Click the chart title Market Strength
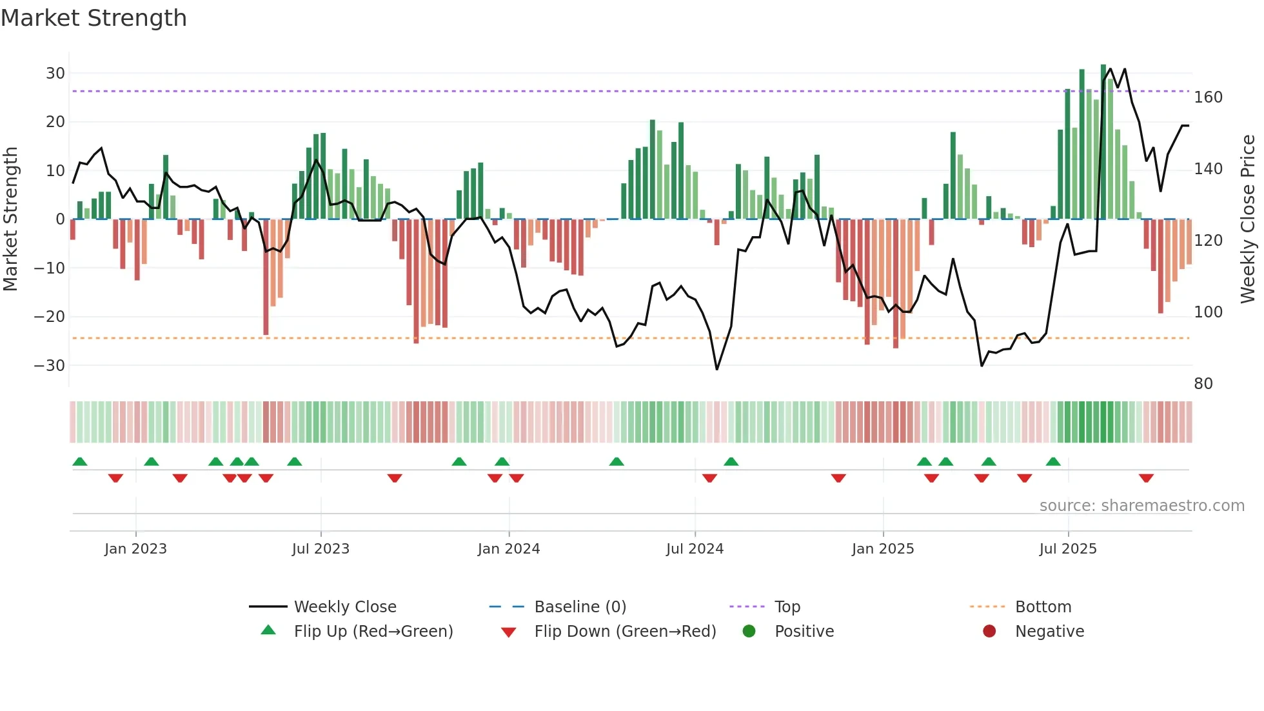[x=94, y=18]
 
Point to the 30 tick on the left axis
[x=55, y=74]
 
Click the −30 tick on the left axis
[x=50, y=366]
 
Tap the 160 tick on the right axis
[x=1208, y=97]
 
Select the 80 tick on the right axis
[x=1203, y=384]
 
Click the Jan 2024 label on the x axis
[x=509, y=549]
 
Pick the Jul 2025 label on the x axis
[x=1068, y=549]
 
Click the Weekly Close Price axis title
[x=1248, y=219]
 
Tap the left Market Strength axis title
[x=10, y=219]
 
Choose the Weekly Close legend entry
[x=345, y=607]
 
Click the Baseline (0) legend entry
[x=580, y=607]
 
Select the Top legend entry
[x=787, y=607]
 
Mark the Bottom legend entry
[x=1043, y=607]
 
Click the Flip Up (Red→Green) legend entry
[x=373, y=632]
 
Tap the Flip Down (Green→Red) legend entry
[x=625, y=632]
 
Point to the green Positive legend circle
[x=749, y=632]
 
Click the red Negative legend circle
[x=989, y=632]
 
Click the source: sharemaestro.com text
[x=1141, y=506]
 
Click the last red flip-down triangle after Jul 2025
[x=1146, y=478]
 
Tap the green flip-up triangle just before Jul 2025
[x=1053, y=462]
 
